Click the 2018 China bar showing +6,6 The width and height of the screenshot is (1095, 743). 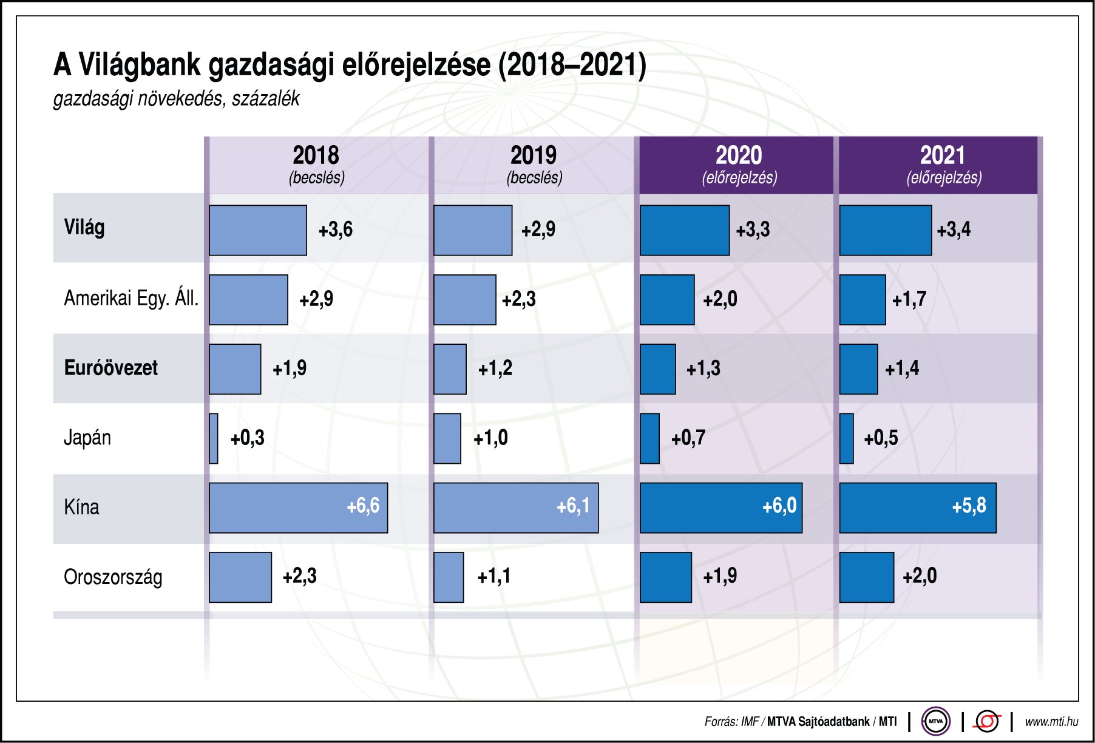(x=297, y=508)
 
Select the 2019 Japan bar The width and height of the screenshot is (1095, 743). (x=447, y=438)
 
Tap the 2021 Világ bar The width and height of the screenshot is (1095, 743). (x=885, y=230)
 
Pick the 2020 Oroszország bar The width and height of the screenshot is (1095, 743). (x=666, y=577)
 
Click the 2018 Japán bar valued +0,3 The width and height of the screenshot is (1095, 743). (x=214, y=438)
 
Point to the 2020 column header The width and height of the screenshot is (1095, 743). (x=738, y=164)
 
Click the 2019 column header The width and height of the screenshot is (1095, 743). (x=534, y=164)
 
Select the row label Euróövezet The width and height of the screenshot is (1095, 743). (x=110, y=368)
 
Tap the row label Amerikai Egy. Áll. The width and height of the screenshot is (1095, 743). (x=131, y=299)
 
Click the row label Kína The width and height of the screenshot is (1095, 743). (x=81, y=507)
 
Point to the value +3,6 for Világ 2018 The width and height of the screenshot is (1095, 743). (x=336, y=229)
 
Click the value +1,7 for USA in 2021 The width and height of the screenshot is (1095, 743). (x=909, y=299)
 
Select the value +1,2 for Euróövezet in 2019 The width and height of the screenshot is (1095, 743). (x=495, y=368)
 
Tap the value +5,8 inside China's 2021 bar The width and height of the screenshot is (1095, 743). (x=969, y=506)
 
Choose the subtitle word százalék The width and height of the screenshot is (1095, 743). (x=265, y=98)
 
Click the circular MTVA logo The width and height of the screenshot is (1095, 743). (x=935, y=721)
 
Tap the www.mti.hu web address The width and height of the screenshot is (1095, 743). (x=1051, y=722)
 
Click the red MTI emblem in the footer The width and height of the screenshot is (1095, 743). (x=987, y=721)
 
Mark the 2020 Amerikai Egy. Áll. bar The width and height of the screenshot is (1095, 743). (x=667, y=300)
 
